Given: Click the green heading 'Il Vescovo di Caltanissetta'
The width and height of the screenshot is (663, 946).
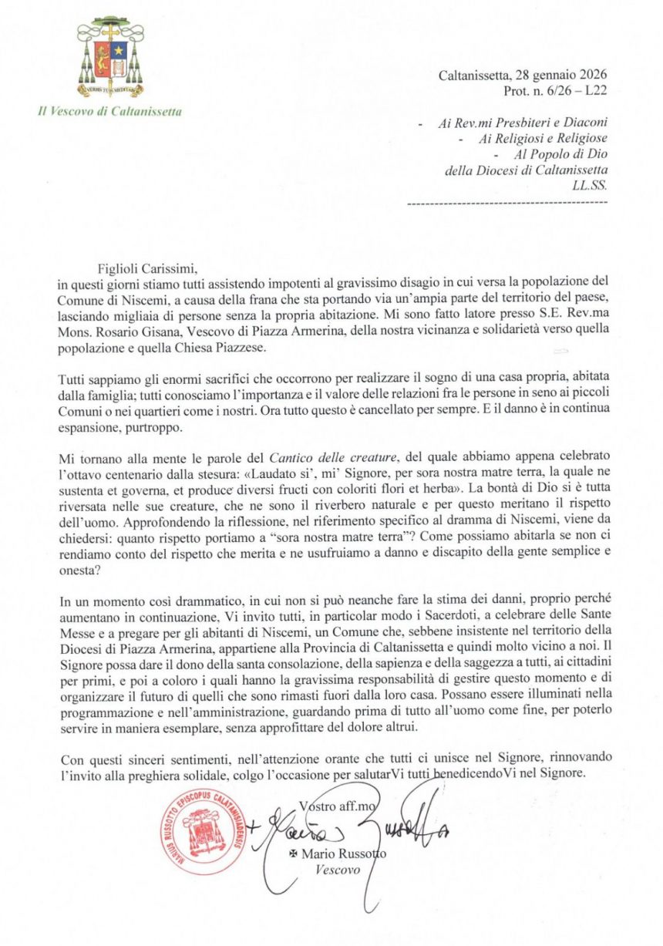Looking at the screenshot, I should tap(110, 112).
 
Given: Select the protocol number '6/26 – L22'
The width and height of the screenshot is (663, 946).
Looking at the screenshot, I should tap(569, 90).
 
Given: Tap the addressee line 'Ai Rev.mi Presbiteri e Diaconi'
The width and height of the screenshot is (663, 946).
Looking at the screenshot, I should tap(521, 123).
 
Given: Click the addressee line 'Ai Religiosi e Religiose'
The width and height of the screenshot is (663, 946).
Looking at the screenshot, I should tap(543, 139).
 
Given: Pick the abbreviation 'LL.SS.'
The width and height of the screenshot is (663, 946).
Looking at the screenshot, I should tap(588, 186).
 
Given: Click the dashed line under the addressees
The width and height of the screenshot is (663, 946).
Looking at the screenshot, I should tap(506, 202).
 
